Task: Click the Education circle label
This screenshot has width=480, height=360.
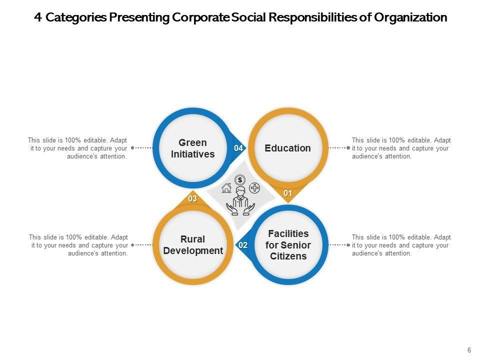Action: [287, 148]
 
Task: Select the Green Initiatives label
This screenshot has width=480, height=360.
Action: [192, 148]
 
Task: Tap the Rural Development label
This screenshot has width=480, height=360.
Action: [193, 245]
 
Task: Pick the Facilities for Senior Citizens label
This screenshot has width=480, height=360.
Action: [288, 245]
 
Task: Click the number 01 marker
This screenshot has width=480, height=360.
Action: [288, 193]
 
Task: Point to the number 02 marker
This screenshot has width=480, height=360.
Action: [243, 245]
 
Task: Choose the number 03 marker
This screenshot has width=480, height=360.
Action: [192, 199]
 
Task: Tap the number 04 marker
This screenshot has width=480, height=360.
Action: [238, 148]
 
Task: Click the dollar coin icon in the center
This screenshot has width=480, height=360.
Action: [240, 180]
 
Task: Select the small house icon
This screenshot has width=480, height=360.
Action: [226, 188]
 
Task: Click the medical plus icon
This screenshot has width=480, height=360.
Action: [254, 188]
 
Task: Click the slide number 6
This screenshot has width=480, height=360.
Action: [469, 350]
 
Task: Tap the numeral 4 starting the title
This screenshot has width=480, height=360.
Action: [38, 17]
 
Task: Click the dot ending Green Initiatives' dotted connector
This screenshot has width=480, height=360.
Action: [132, 148]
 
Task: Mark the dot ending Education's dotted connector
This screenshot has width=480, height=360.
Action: [348, 148]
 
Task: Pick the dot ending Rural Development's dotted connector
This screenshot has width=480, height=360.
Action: [132, 245]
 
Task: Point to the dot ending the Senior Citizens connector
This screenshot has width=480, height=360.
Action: [348, 245]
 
